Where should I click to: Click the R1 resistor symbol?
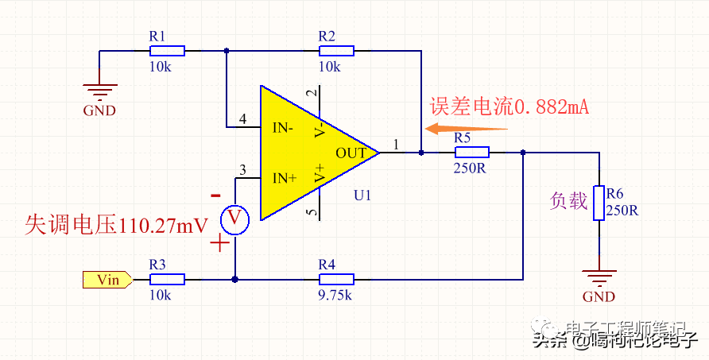pos(167,51)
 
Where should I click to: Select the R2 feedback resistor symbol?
pos(336,51)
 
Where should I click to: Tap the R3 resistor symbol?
pos(167,279)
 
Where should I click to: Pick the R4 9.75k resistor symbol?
pos(336,279)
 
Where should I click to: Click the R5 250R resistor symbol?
pos(472,152)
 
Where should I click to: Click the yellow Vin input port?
pos(107,279)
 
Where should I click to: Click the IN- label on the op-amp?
pos(283,128)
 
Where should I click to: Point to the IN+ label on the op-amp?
pos(284,178)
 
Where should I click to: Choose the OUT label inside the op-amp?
pos(351,153)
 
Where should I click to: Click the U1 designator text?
pos(363,195)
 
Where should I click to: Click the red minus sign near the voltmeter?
pos(215,195)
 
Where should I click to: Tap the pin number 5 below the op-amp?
pos(311,212)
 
